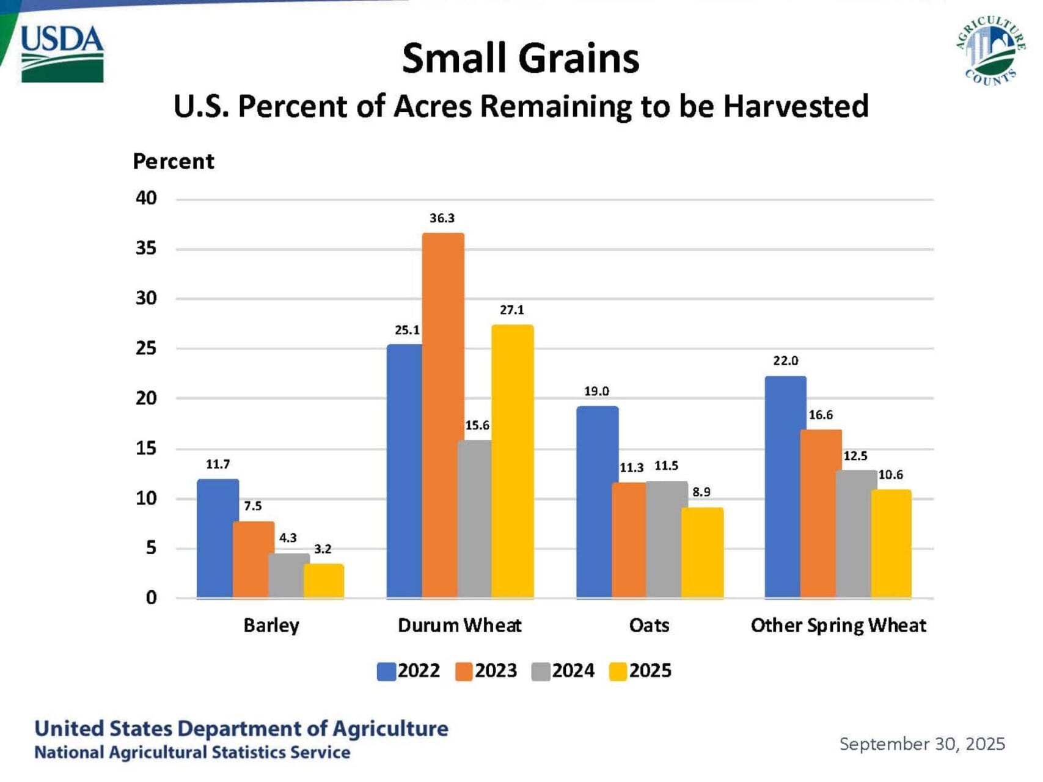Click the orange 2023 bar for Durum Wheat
tap(443, 415)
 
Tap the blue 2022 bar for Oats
tap(597, 502)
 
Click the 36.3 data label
tap(442, 218)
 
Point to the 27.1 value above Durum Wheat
tap(512, 310)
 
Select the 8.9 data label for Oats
tap(701, 492)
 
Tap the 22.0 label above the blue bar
tap(785, 360)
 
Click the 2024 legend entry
tap(563, 671)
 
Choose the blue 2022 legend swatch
tap(386, 671)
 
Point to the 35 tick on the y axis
tap(146, 248)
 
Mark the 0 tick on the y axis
tap(151, 597)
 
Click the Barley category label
tap(271, 626)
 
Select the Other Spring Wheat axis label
tap(838, 626)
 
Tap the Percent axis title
tap(174, 161)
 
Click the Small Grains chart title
tap(521, 59)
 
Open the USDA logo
tap(62, 53)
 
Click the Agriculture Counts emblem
tap(990, 51)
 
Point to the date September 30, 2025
tap(922, 744)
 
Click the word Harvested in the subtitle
tap(796, 106)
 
